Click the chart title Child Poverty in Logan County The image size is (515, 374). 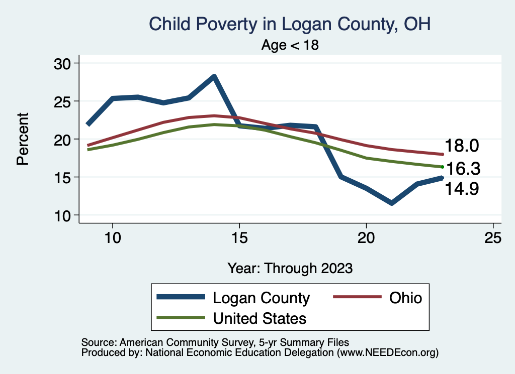290,24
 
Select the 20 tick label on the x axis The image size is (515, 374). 366,237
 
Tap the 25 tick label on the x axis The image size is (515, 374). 493,237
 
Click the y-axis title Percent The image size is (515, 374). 23,139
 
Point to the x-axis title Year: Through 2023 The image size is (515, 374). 290,268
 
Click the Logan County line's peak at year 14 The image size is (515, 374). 214,77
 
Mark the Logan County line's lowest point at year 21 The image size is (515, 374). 391,203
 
